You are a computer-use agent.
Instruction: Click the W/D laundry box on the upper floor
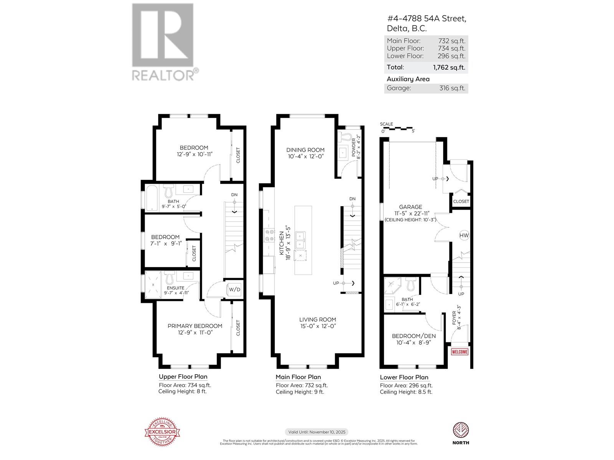[234, 289]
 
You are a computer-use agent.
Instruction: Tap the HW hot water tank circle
[464, 235]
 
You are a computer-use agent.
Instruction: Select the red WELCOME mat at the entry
[460, 352]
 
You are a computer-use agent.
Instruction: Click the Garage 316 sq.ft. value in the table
[452, 88]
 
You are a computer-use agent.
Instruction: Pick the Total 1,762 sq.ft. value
[449, 67]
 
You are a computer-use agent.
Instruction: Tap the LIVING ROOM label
[318, 319]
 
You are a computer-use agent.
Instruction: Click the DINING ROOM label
[305, 150]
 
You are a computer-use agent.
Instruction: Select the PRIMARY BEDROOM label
[195, 326]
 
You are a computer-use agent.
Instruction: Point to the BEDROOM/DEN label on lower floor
[414, 336]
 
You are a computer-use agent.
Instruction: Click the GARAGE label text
[410, 207]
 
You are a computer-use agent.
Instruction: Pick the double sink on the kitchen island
[300, 240]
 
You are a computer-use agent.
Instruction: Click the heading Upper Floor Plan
[183, 377]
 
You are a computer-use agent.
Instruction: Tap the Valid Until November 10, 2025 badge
[316, 432]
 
